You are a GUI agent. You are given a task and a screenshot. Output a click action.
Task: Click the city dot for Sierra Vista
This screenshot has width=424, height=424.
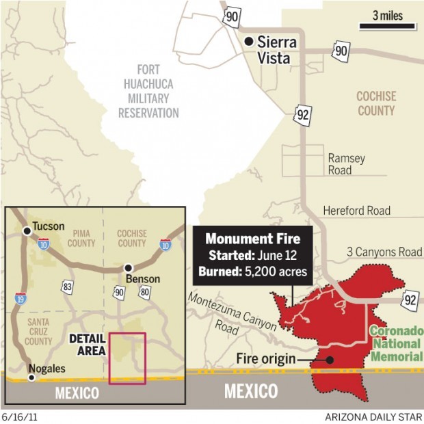point(250,42)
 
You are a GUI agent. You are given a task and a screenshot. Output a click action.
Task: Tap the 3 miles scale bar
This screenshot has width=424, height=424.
point(387,27)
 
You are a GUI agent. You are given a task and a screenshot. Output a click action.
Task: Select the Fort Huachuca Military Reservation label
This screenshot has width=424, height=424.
point(148,91)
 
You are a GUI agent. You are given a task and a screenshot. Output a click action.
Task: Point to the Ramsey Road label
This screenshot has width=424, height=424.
point(346,164)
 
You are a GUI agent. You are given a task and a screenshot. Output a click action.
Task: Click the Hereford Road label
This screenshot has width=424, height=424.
point(356,211)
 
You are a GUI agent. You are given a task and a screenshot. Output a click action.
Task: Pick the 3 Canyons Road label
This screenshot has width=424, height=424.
point(384,252)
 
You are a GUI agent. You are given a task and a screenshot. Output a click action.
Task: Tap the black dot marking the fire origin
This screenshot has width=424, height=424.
point(330,358)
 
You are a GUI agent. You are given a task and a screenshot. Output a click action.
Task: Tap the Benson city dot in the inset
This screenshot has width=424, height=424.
point(127,267)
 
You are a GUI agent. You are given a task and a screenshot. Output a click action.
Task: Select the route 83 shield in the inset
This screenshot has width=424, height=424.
point(66,286)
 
